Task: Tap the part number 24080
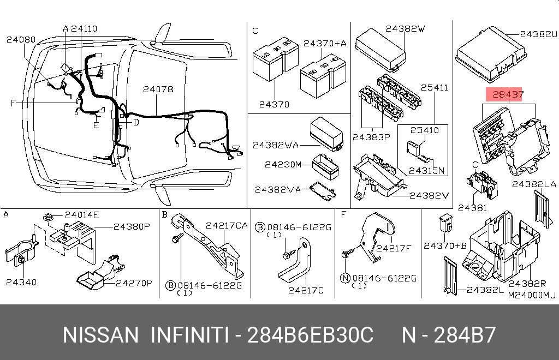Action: pos(21,39)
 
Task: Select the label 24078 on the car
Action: pos(158,89)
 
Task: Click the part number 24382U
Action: pos(538,34)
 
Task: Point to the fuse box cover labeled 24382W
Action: pos(380,50)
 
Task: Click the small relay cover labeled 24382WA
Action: pos(326,134)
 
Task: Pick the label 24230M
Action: pos(283,165)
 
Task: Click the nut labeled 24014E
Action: pos(48,217)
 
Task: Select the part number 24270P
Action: pos(134,283)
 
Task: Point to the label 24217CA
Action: pos(227,225)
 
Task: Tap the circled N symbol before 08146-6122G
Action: pos(345,278)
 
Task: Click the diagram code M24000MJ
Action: pos(532,295)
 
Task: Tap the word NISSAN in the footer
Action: pos(100,335)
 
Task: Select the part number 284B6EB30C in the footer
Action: pos(310,335)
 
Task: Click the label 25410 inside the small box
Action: pos(424,130)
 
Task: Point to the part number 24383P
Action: pos(371,137)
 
